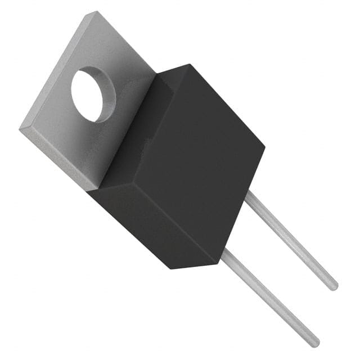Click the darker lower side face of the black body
click(x=152, y=225)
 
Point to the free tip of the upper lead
click(x=334, y=286)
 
